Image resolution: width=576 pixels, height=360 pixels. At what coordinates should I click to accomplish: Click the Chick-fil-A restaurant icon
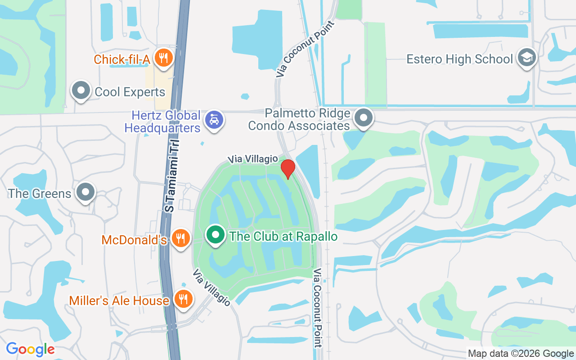163,58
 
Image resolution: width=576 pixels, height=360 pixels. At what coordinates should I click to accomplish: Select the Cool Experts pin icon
81,90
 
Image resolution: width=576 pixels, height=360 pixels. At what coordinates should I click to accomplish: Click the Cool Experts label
130,92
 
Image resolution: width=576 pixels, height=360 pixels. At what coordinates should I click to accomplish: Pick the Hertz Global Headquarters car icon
214,120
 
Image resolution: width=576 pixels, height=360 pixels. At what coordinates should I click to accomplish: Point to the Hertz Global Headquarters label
163,121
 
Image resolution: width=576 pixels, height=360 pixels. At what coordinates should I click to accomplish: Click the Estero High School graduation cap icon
526,58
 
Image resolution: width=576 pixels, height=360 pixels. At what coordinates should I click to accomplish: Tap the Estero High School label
459,59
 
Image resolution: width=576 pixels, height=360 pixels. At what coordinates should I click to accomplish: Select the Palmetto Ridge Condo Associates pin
364,118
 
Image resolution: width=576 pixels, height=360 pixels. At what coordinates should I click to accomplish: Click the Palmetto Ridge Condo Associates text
299,119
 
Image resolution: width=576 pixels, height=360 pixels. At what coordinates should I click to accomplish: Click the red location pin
288,168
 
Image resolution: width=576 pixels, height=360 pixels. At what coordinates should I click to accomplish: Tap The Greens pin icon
85,193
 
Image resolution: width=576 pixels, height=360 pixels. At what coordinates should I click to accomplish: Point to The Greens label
40,194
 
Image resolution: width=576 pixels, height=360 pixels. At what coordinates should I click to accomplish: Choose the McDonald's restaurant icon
181,238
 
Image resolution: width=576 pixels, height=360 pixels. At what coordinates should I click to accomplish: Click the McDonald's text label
134,240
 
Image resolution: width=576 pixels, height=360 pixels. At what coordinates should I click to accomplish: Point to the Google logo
30,349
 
